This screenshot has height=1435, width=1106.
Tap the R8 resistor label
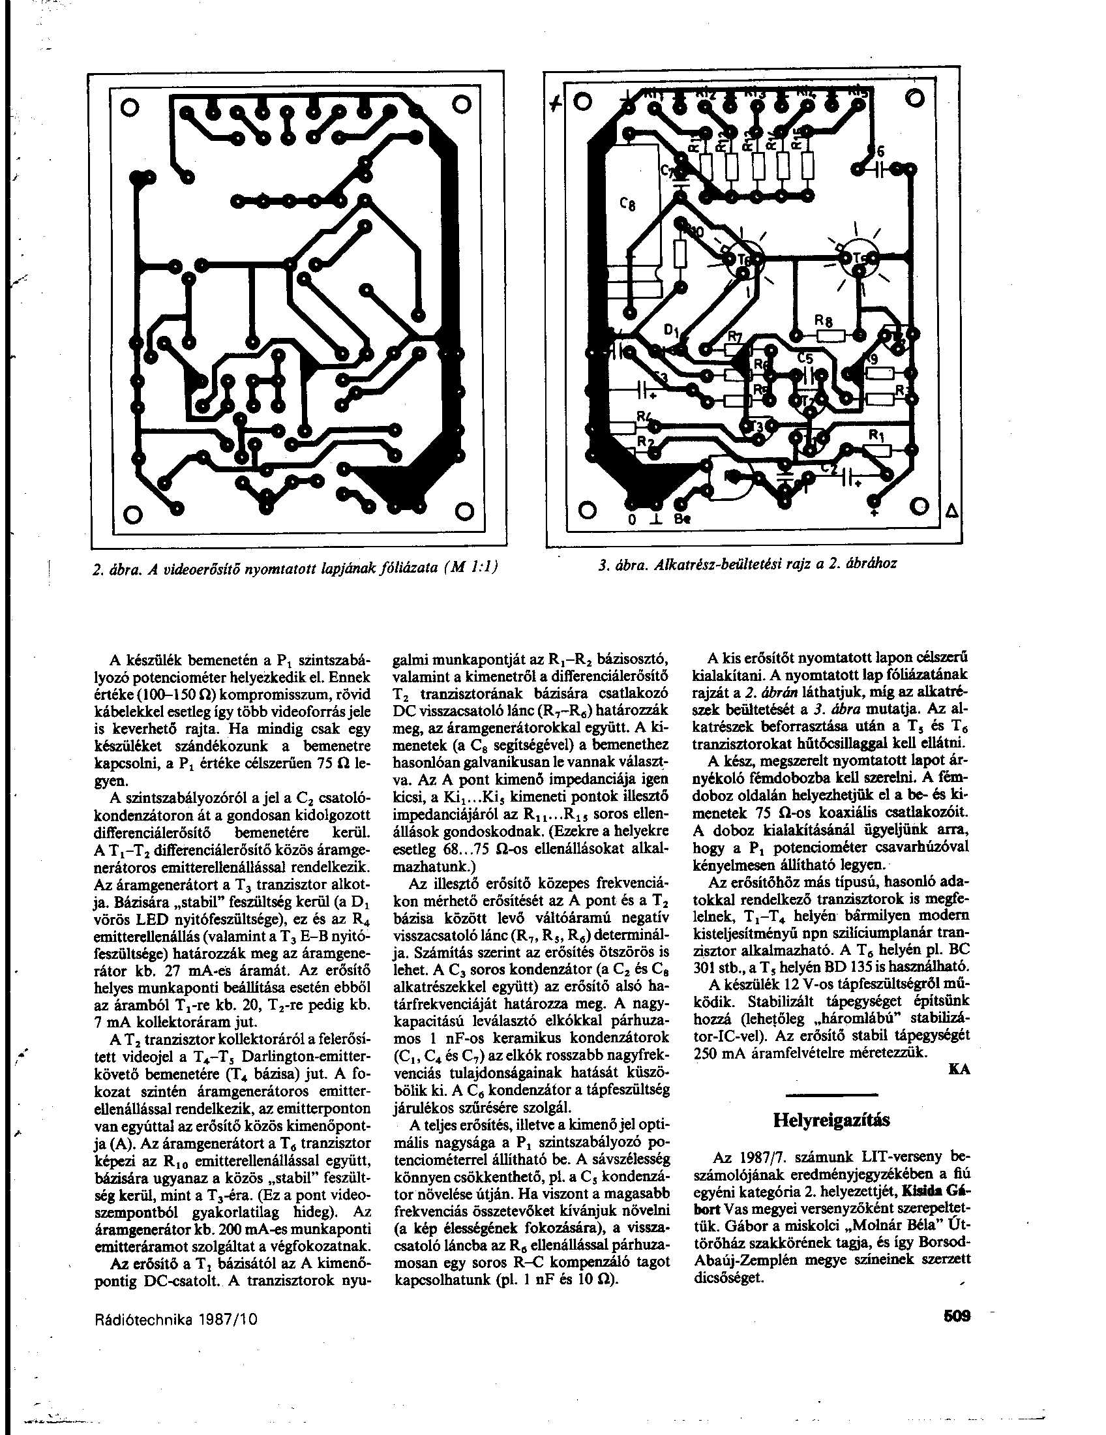[823, 322]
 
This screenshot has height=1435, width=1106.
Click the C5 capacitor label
[805, 359]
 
